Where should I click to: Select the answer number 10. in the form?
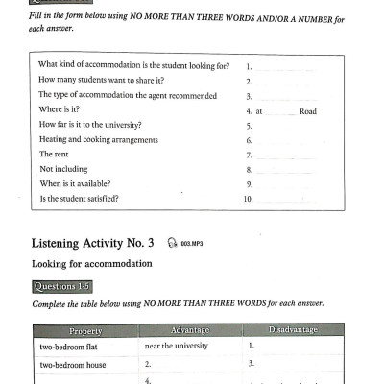pos(249,199)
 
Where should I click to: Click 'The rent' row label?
pos(55,155)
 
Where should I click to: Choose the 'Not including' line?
pos(62,169)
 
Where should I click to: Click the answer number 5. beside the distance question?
pos(249,125)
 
